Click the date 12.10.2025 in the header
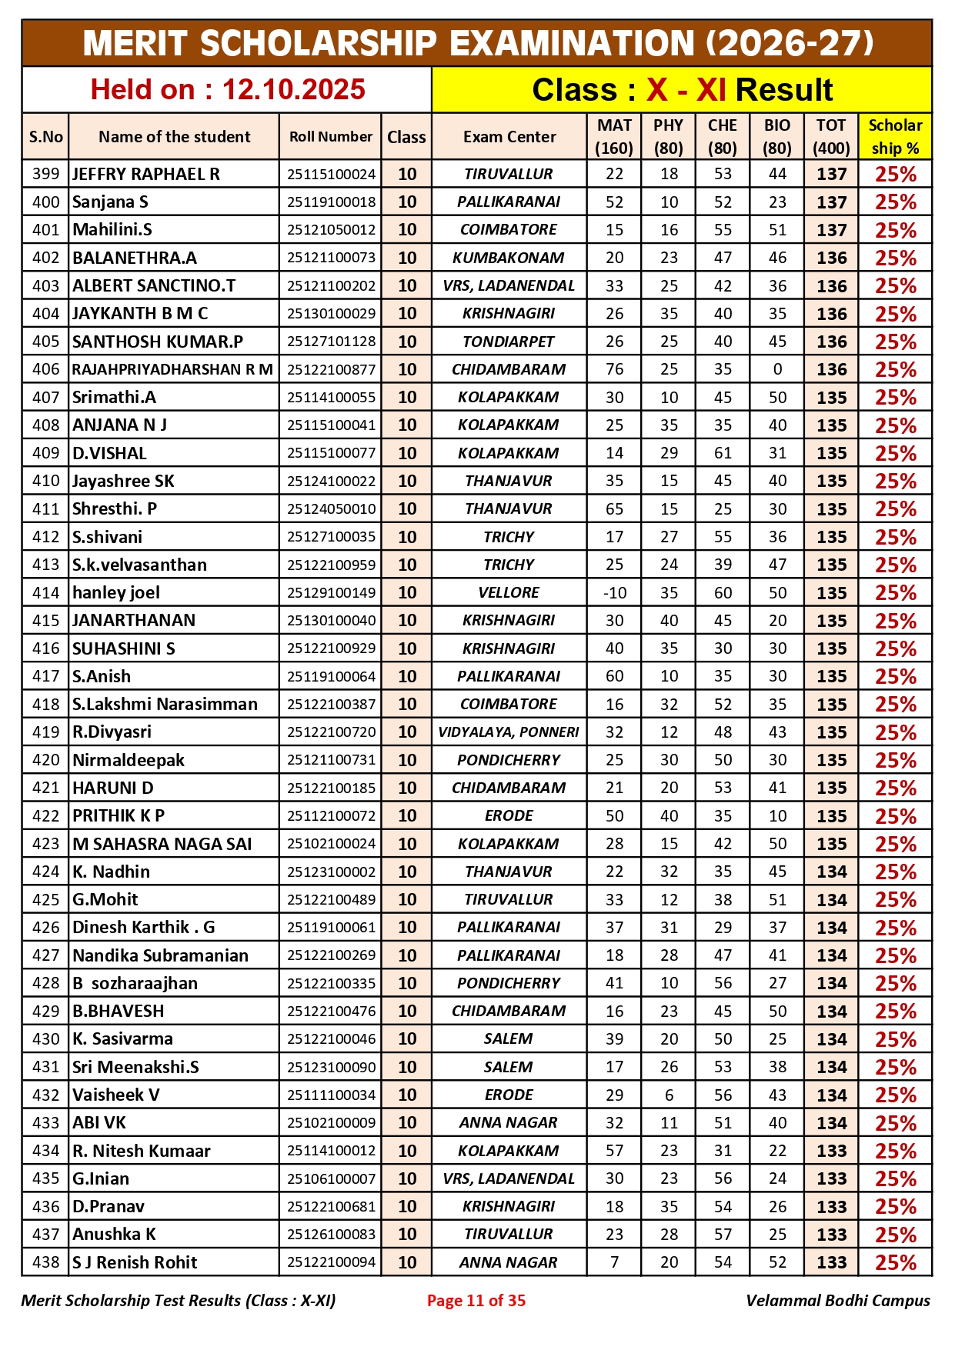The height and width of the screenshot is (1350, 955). click(x=293, y=90)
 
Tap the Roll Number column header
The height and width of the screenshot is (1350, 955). click(x=330, y=137)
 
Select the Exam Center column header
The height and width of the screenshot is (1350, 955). click(x=509, y=137)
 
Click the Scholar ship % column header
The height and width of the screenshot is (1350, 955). click(x=894, y=137)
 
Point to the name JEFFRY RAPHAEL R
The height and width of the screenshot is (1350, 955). click(x=146, y=175)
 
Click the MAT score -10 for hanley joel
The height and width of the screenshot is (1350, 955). click(x=614, y=593)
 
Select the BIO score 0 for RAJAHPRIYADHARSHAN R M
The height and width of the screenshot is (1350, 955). click(x=777, y=370)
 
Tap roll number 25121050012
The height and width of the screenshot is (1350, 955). click(x=331, y=230)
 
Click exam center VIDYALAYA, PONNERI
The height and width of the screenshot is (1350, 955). click(x=509, y=732)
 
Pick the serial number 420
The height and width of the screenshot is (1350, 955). click(x=45, y=761)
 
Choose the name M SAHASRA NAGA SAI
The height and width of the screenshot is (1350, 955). click(x=162, y=844)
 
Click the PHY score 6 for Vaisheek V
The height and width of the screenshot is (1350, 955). click(x=669, y=1095)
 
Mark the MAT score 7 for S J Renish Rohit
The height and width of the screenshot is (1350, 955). click(x=614, y=1262)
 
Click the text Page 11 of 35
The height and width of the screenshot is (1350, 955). click(x=476, y=1301)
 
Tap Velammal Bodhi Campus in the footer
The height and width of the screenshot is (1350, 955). click(x=837, y=1301)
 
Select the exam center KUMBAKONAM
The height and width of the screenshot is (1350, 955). click(x=509, y=258)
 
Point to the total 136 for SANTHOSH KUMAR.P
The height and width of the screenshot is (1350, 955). click(x=831, y=342)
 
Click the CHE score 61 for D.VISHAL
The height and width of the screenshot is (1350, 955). click(x=723, y=453)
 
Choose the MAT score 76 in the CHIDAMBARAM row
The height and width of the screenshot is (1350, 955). click(x=614, y=370)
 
